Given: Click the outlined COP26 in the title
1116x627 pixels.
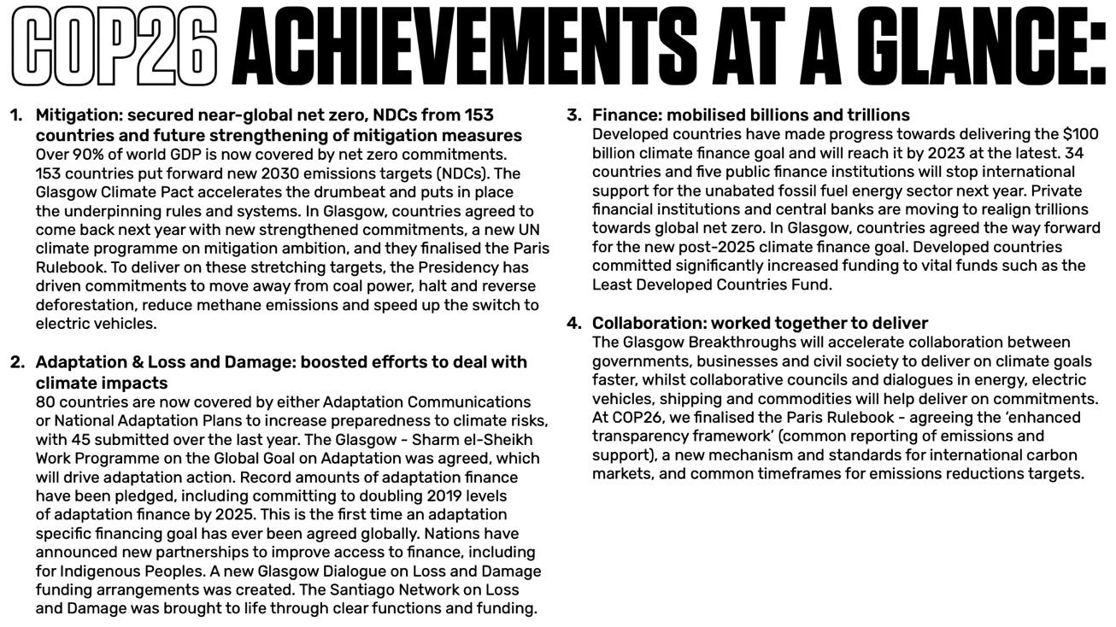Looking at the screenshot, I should coord(114,46).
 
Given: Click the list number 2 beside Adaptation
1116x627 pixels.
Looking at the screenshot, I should coord(17,362).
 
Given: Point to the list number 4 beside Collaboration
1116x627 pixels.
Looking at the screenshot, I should coord(574,323).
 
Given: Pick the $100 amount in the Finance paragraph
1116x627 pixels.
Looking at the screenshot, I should coord(1080,134).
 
